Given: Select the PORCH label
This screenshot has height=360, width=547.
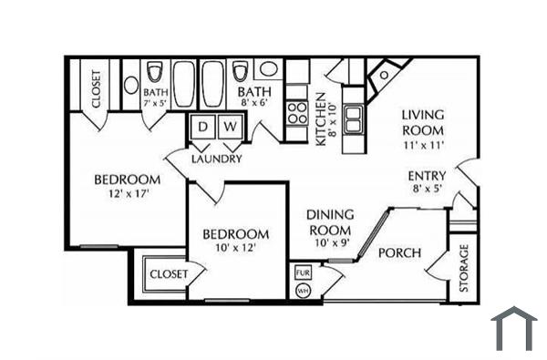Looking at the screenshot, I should coord(399,252).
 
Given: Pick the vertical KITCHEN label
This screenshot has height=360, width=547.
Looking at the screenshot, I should coord(320,118).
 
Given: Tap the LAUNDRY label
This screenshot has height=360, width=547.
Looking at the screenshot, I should coord(217,159).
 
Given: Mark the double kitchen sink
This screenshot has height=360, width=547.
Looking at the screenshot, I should coord(354,117).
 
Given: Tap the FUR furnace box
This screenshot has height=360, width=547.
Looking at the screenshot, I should coord(303,272).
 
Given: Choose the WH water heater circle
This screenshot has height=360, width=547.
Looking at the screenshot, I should coord(303,291).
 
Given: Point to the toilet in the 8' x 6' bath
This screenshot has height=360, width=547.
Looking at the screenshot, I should coord(241,71).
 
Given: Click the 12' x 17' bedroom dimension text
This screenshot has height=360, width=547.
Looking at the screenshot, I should coord(127,194).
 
